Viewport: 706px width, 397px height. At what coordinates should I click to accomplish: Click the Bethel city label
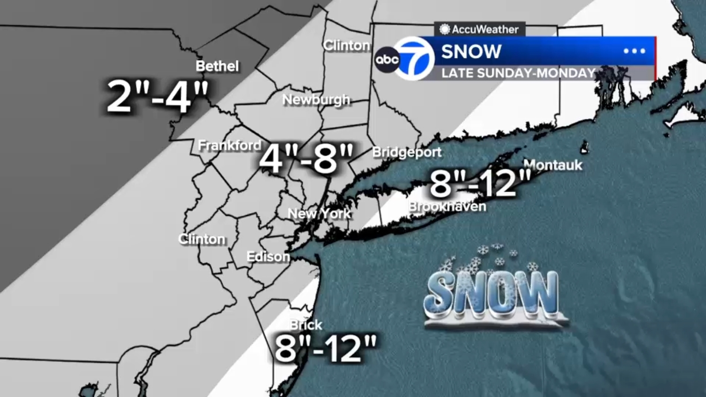pyautogui.click(x=217, y=66)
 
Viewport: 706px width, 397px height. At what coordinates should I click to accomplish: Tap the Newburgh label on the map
pyautogui.click(x=316, y=100)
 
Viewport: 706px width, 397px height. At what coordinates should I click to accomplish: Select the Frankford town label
pyautogui.click(x=229, y=145)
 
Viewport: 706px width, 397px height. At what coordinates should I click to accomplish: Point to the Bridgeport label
pyautogui.click(x=406, y=152)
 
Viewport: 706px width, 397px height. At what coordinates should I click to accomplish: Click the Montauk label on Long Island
pyautogui.click(x=553, y=165)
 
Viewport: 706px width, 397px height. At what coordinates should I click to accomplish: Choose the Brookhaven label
pyautogui.click(x=447, y=206)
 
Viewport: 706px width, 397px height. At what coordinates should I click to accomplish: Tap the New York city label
pyautogui.click(x=319, y=214)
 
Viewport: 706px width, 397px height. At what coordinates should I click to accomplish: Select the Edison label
pyautogui.click(x=268, y=257)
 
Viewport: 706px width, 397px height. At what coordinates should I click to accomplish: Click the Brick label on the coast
pyautogui.click(x=306, y=325)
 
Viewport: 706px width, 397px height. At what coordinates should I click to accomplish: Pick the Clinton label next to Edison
pyautogui.click(x=202, y=239)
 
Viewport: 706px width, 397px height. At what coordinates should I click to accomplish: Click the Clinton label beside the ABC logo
pyautogui.click(x=346, y=45)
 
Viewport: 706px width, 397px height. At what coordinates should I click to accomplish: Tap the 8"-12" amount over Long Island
pyautogui.click(x=480, y=184)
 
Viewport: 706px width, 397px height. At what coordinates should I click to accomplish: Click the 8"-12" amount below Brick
pyautogui.click(x=326, y=348)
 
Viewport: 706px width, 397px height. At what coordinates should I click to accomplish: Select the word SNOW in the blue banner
pyautogui.click(x=471, y=52)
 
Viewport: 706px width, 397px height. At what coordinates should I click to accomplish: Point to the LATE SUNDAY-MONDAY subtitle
pyautogui.click(x=518, y=73)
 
